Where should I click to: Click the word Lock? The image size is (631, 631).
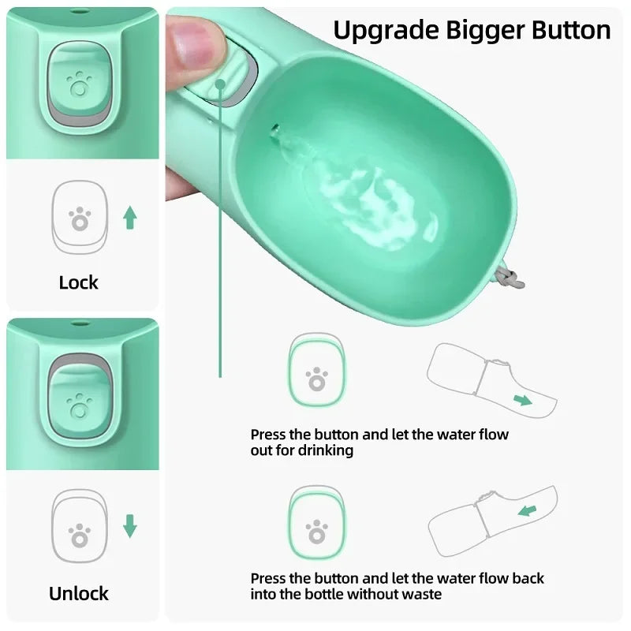coord(78,282)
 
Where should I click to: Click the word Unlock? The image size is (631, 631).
coord(79,593)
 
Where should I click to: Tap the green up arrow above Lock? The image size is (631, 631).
coord(129,217)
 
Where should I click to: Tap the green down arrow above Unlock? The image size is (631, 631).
coord(130,525)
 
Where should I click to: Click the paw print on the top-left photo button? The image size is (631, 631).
coord(79,84)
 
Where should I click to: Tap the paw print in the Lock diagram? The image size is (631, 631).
coord(79,218)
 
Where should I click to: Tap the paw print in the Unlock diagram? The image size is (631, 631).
coord(79,536)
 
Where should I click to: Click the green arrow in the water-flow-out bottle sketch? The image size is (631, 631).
coord(522,399)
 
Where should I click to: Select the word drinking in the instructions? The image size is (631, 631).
coord(325,450)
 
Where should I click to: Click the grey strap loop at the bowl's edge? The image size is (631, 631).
coord(513,276)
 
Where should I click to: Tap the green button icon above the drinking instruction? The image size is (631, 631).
coord(316,369)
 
